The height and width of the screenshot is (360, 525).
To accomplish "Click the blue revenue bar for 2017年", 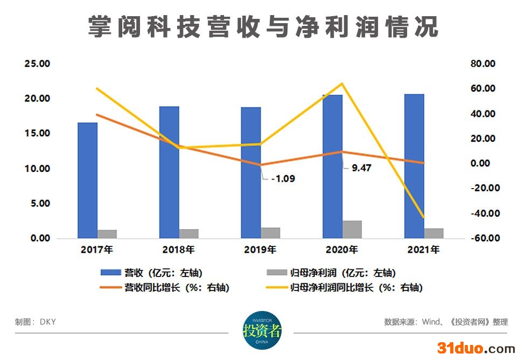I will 87,180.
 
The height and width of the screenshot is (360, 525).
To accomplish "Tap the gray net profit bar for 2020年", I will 352,229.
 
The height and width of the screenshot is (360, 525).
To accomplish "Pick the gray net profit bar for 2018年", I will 189,233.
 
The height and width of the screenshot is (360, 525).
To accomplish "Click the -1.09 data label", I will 282,179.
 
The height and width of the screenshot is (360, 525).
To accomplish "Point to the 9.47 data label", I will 361,168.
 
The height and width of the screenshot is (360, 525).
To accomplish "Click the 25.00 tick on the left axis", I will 37,64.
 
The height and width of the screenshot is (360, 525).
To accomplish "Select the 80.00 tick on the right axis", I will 482,64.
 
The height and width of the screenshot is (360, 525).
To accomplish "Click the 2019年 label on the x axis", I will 260,250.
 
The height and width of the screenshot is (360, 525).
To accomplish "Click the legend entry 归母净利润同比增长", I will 356,288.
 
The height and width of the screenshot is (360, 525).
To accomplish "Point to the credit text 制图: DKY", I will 36,322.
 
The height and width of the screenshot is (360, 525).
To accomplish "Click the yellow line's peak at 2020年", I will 341,84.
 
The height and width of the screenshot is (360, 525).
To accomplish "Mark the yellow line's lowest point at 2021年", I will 423,218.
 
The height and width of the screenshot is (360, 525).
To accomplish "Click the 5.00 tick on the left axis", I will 37,204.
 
